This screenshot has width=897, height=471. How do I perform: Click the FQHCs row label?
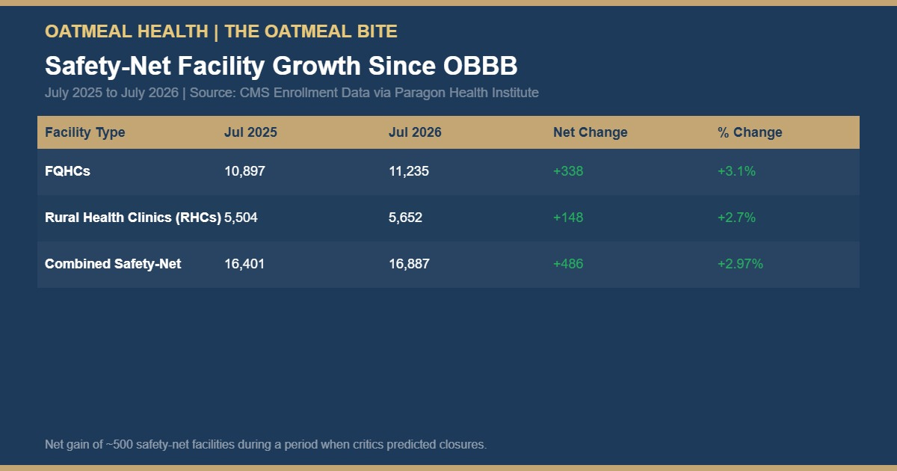coord(67,171)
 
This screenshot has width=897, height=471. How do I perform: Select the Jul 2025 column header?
coord(250,132)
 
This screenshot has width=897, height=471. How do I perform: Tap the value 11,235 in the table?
coord(408,171)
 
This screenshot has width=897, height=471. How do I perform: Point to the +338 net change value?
coord(568,171)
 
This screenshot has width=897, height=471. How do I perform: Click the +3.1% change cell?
coord(736,171)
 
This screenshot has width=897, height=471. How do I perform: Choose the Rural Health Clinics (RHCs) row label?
coord(133,218)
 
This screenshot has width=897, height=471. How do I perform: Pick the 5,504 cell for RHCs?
coord(241,218)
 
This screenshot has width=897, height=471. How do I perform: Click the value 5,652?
coord(405,218)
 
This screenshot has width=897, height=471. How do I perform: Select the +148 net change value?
coord(568,218)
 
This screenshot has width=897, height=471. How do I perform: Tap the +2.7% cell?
coord(736,218)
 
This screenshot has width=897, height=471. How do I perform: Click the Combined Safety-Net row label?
coord(113,264)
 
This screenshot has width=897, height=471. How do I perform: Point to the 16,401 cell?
coord(244,264)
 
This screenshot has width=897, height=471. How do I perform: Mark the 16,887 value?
coord(409,264)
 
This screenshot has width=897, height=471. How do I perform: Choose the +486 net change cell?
coord(568,264)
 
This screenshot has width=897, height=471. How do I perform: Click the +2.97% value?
coord(740,264)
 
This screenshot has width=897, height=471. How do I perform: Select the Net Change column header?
coord(591,132)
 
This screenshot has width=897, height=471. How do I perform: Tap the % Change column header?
coord(750,132)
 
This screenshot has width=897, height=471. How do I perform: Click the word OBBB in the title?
coord(480,66)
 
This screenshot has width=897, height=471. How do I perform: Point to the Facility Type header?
coord(85,132)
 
